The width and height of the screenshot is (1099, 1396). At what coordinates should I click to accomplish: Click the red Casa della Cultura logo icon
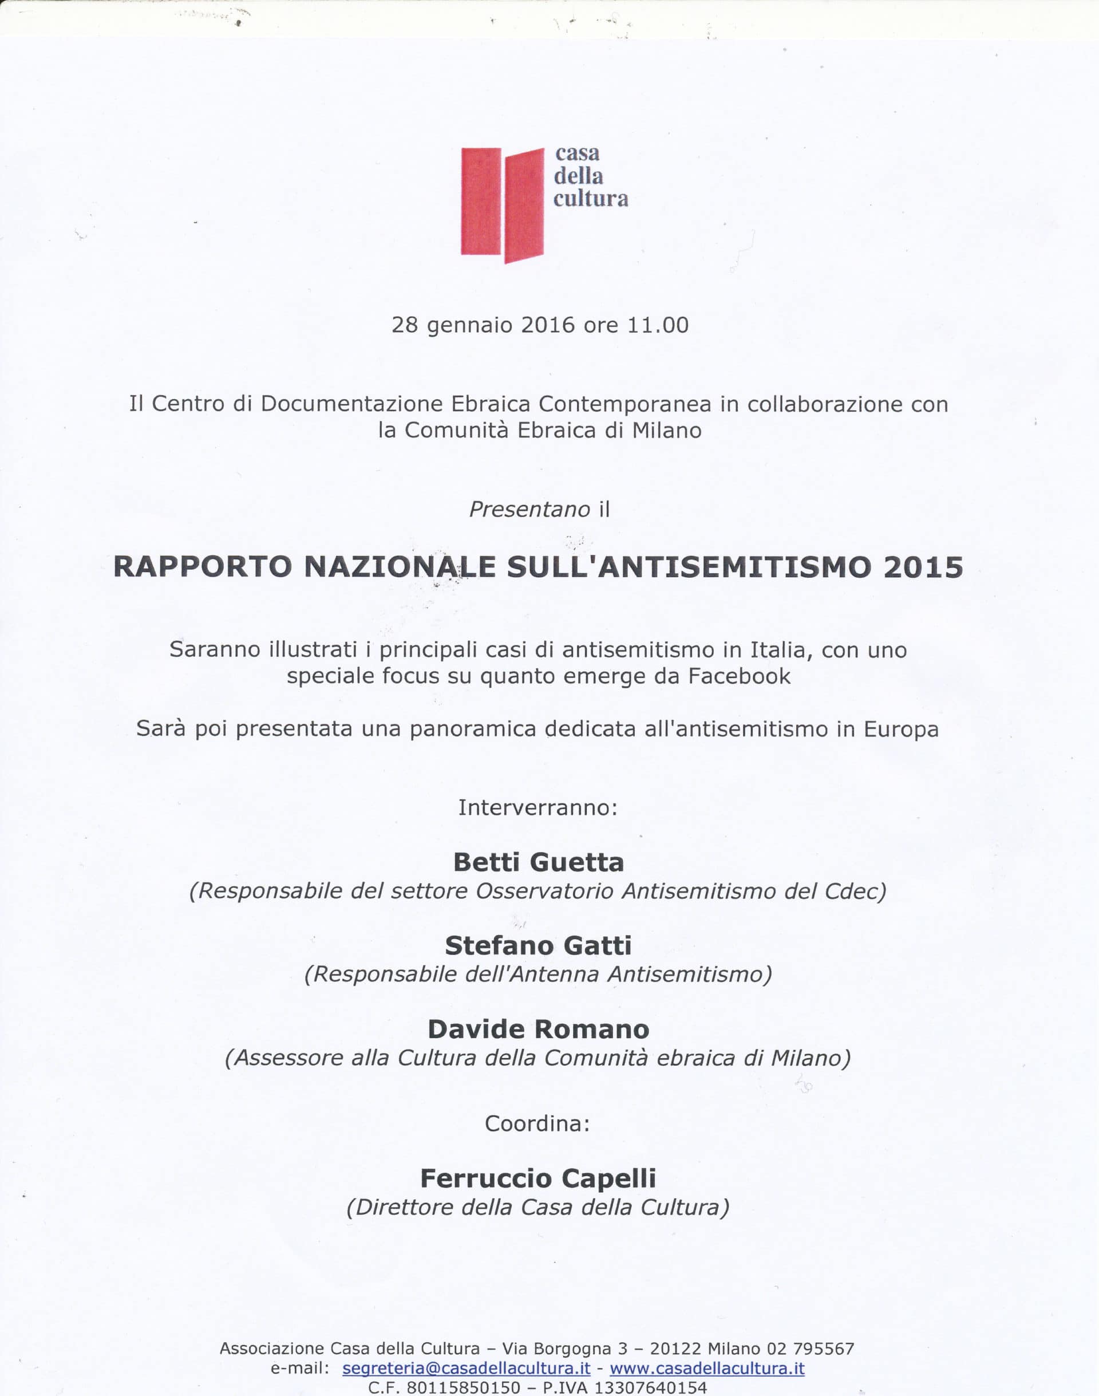pyautogui.click(x=502, y=204)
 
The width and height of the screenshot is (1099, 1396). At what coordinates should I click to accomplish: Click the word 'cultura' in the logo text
pyautogui.click(x=591, y=198)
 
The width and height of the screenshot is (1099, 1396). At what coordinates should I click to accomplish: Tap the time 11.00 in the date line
pyautogui.click(x=658, y=325)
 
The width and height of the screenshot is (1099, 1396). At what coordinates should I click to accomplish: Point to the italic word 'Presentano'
pyautogui.click(x=529, y=509)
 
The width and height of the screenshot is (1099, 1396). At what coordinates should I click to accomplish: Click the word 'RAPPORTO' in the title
pyautogui.click(x=203, y=567)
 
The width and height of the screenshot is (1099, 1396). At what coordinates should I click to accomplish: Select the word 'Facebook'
pyautogui.click(x=740, y=676)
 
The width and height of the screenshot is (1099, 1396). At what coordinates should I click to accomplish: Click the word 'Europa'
pyautogui.click(x=901, y=729)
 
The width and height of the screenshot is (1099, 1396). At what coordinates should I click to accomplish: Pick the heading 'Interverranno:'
pyautogui.click(x=538, y=807)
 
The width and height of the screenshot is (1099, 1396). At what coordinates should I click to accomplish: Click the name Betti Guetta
pyautogui.click(x=539, y=862)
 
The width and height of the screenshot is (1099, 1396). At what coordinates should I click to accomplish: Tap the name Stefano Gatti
pyautogui.click(x=539, y=945)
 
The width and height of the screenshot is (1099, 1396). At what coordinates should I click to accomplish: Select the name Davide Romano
pyautogui.click(x=539, y=1029)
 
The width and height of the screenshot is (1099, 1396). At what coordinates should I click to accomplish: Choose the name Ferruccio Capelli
pyautogui.click(x=539, y=1178)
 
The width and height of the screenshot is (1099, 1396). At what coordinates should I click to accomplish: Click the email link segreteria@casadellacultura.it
pyautogui.click(x=467, y=1369)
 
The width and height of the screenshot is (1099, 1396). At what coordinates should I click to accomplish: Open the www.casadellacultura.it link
pyautogui.click(x=707, y=1369)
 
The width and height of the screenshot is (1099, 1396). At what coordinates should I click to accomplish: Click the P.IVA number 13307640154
pyautogui.click(x=650, y=1387)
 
